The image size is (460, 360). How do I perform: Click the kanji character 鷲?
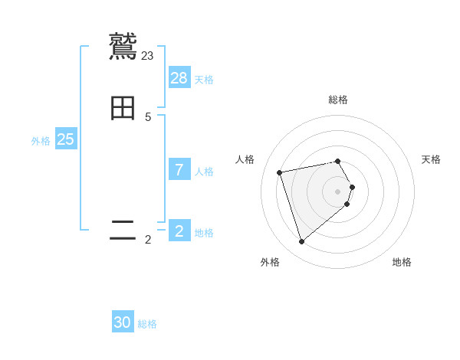(123, 47)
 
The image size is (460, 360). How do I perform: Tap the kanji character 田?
(123, 108)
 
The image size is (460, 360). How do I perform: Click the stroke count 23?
(148, 55)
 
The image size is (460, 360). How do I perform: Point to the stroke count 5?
(148, 116)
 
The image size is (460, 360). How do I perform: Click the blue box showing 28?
(179, 78)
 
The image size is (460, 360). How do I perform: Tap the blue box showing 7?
(179, 170)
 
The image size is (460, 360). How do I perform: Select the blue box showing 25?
(66, 139)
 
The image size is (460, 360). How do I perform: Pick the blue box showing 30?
(123, 322)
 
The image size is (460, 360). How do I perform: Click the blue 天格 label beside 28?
(204, 80)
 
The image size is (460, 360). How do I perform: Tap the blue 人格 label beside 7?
(204, 172)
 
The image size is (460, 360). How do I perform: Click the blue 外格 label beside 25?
(41, 141)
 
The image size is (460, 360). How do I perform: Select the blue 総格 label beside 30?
(147, 324)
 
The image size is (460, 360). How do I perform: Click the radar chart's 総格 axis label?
(338, 100)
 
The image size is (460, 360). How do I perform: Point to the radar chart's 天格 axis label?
(431, 159)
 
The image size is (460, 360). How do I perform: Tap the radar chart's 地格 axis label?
(402, 262)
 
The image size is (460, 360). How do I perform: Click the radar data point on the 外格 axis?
(301, 242)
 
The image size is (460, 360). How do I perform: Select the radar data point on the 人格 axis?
(280, 172)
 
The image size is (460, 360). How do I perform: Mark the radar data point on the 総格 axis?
(338, 161)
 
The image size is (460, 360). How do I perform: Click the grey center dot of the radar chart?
(338, 191)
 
